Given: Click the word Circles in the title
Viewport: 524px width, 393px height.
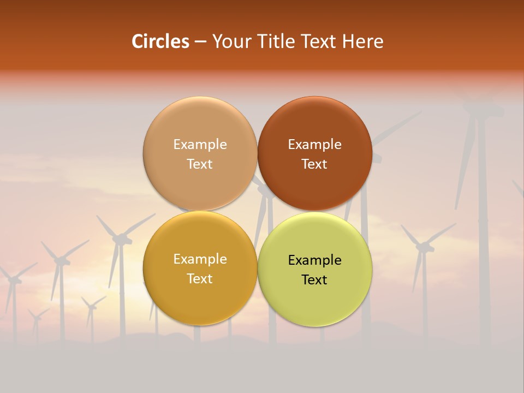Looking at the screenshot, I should pos(160,41).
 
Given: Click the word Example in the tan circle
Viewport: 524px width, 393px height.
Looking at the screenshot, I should pos(200,145).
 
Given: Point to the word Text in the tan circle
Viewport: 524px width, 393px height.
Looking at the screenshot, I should pos(200,164).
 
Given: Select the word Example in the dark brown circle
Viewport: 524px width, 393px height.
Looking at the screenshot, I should pos(315,145).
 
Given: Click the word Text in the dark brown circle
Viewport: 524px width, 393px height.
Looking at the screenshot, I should pos(315,164).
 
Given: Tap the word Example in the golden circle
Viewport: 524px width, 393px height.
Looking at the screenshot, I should pos(200,259).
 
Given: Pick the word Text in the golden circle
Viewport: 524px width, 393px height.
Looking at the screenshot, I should pos(200,278).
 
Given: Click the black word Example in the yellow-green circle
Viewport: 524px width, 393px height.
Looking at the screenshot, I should pos(315,260).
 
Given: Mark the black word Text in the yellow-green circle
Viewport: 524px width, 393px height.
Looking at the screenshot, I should pos(315,279).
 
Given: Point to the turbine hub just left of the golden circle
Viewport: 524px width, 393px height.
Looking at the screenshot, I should pos(121,238).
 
